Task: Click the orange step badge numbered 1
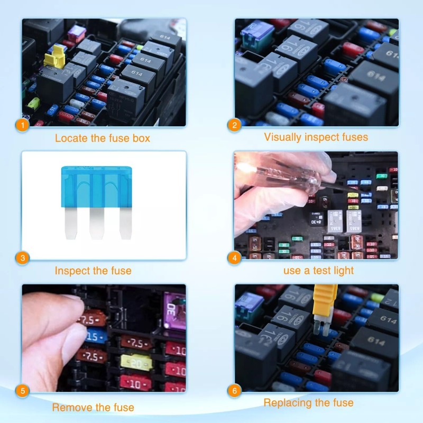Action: [22, 126]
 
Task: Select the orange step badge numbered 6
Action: [235, 391]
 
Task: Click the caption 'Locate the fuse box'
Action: [103, 139]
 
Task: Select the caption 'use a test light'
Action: [318, 271]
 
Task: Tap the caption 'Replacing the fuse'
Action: [308, 403]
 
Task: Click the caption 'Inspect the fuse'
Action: [93, 271]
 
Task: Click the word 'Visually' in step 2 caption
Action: [283, 137]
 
